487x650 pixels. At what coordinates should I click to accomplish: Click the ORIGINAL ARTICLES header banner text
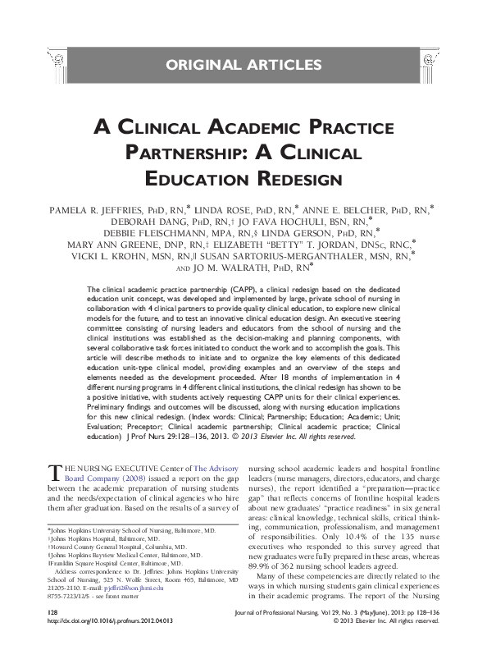(x=243, y=63)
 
